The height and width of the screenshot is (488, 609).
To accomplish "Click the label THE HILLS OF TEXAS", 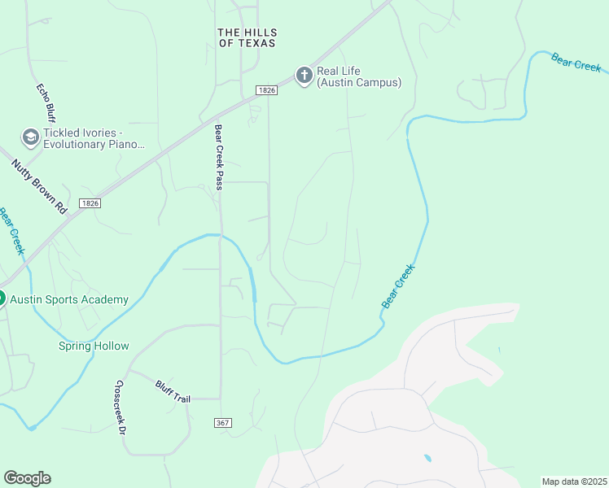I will [x=247, y=37].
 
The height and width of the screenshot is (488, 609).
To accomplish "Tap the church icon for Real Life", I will [x=304, y=76].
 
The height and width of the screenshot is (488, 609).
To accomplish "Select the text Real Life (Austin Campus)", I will [x=359, y=76].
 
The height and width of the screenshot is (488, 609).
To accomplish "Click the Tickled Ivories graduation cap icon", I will [x=31, y=137].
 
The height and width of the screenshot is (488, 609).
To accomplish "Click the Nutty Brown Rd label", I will [x=38, y=186].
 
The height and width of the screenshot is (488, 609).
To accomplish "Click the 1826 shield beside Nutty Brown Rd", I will [x=90, y=203].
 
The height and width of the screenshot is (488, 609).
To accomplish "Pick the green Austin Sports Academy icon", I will [x=2, y=298].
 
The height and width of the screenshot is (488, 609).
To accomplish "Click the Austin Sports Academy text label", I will [x=69, y=299].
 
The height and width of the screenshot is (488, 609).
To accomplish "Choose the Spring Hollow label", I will [x=94, y=346].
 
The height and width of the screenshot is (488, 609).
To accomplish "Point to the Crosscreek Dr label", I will [x=119, y=407].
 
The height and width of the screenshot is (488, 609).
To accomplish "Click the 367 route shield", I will [x=224, y=423].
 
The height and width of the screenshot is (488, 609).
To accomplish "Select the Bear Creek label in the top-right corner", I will [x=576, y=63].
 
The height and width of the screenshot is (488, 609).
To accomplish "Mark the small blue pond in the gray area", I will [x=427, y=458].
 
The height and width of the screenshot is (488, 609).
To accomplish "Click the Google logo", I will [x=27, y=478].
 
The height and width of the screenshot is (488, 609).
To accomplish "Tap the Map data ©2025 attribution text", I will [x=574, y=481].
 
